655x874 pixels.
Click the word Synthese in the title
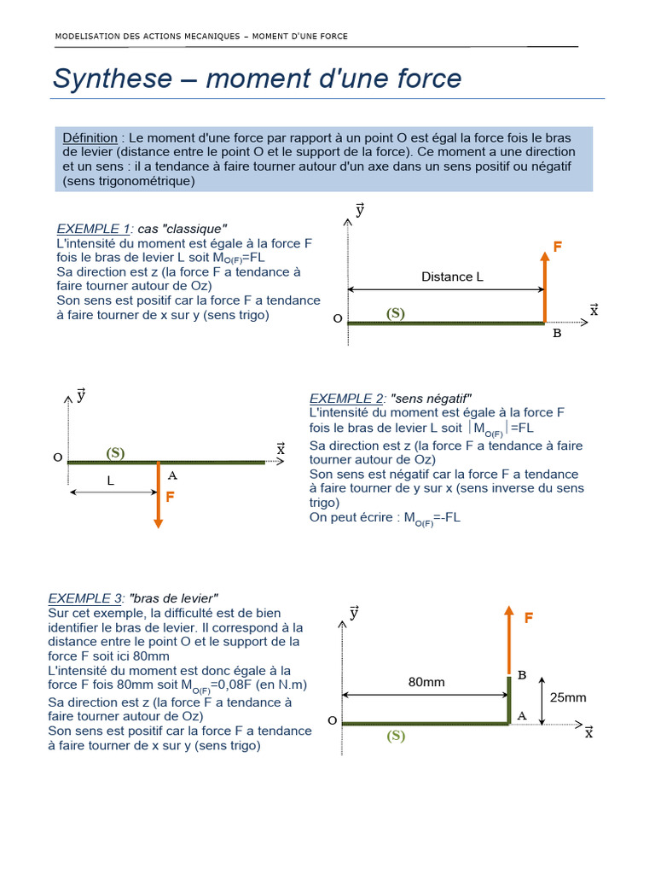pos(113,79)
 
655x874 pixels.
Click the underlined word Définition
pos(90,137)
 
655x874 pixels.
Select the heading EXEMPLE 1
pos(93,229)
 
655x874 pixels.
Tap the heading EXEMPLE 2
pos(346,399)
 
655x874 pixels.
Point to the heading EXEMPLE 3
pos(84,598)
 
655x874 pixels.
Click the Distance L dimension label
pos(452,277)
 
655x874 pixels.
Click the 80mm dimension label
pos(426,682)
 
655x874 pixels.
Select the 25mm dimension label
pos(568,697)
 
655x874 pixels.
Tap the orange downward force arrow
pos(158,495)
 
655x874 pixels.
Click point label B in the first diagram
pos(557,334)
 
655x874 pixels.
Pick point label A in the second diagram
pos(172,475)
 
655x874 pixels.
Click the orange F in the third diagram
pos(529,618)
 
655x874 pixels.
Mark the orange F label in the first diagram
pos(558,247)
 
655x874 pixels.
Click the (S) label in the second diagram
pos(115,453)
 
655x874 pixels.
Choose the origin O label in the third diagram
pos(332,720)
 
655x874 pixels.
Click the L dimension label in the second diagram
pos(110,481)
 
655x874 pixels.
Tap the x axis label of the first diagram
pos(594,311)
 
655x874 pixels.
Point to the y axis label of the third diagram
pos(354,612)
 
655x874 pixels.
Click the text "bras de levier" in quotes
pos(173,598)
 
